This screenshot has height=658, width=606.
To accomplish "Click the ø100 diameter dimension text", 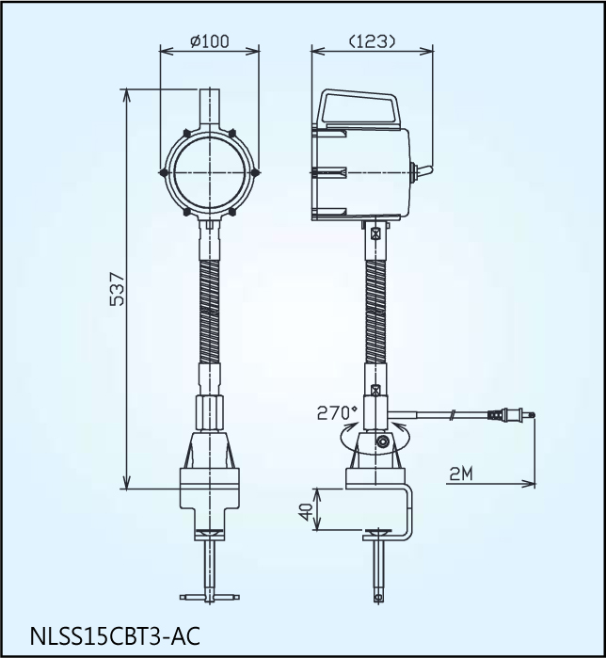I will (x=209, y=42).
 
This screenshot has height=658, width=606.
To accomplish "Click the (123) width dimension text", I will (x=372, y=41).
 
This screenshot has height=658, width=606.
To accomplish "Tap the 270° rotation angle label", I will (x=338, y=412).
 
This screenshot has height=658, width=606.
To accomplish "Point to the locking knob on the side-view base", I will (x=382, y=442).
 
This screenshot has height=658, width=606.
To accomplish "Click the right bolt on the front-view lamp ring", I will (x=254, y=172).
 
